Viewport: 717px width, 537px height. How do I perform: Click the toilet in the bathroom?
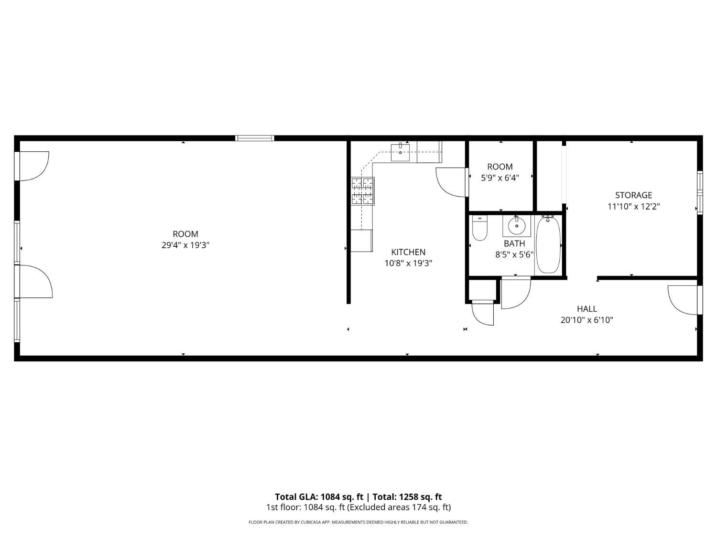pyautogui.click(x=479, y=228)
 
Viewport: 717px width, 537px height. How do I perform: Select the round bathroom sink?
pyautogui.click(x=516, y=226)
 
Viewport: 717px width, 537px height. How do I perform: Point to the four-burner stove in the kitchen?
pyautogui.click(x=363, y=191)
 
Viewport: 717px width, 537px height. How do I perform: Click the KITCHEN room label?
pyautogui.click(x=408, y=252)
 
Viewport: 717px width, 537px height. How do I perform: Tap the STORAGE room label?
pyautogui.click(x=633, y=195)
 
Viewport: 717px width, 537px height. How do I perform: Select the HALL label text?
pyautogui.click(x=587, y=308)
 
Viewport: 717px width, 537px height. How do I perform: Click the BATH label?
pyautogui.click(x=514, y=243)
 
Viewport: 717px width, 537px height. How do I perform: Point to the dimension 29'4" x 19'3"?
pyautogui.click(x=185, y=245)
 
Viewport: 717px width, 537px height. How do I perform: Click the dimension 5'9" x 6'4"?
pyautogui.click(x=500, y=178)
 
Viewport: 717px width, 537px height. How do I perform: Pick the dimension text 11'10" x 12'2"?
pyautogui.click(x=633, y=206)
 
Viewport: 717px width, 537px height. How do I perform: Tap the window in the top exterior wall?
pyautogui.click(x=255, y=138)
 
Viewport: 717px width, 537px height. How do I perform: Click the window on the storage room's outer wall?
pyautogui.click(x=700, y=192)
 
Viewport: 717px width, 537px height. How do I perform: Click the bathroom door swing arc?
pyautogui.click(x=516, y=293)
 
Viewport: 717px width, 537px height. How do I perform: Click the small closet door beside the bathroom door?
pyautogui.click(x=483, y=313)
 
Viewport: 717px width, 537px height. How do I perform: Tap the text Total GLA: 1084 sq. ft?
pyautogui.click(x=319, y=497)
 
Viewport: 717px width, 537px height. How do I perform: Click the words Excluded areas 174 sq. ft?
pyautogui.click(x=400, y=507)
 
